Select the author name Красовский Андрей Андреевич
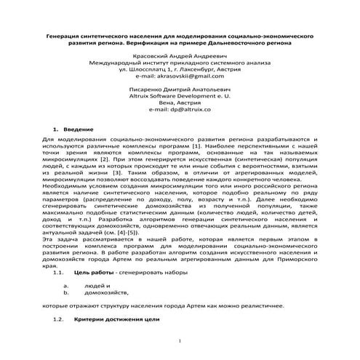[x=179, y=55]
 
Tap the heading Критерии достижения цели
[x=116, y=319]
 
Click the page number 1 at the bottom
[x=179, y=339]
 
